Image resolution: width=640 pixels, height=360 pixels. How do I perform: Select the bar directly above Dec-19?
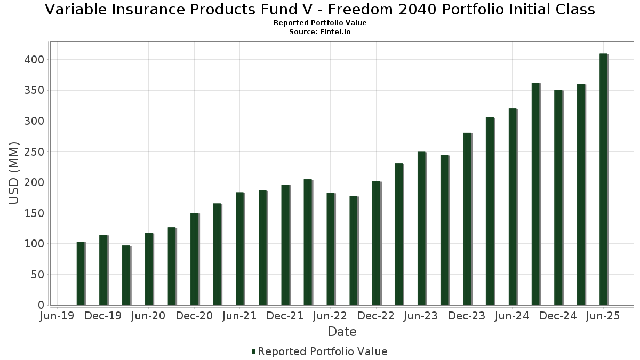click(103, 270)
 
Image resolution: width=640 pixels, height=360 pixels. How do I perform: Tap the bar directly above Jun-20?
click(149, 269)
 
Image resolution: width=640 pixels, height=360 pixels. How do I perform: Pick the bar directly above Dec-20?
click(194, 259)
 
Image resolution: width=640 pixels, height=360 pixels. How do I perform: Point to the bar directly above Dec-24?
click(558, 197)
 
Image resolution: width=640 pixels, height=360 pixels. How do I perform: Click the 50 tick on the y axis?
click(37, 275)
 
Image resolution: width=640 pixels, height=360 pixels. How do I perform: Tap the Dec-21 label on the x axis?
click(285, 316)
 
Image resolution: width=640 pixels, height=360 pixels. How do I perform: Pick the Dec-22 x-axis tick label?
click(376, 316)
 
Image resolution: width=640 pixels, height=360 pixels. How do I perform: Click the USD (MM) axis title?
click(14, 173)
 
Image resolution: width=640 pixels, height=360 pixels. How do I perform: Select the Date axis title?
click(342, 332)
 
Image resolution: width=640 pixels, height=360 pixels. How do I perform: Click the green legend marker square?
click(254, 351)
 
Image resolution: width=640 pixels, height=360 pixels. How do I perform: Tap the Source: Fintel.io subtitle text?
click(320, 32)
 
